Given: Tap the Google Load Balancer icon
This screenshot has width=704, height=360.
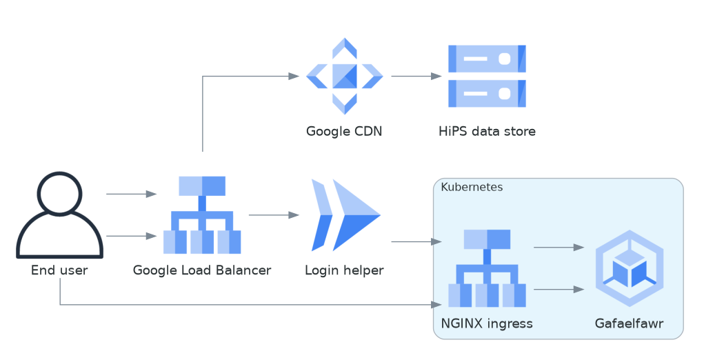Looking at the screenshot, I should pyautogui.click(x=202, y=215).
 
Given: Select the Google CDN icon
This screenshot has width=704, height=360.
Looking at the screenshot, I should pyautogui.click(x=344, y=76).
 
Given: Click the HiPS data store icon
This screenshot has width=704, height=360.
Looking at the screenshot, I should pyautogui.click(x=487, y=76).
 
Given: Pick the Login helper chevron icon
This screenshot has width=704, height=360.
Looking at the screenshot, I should pyautogui.click(x=344, y=215).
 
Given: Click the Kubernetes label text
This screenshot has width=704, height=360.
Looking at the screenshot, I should pyautogui.click(x=472, y=187).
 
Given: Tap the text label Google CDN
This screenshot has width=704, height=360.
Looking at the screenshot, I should pyautogui.click(x=344, y=131).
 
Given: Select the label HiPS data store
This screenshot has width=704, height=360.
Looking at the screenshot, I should pyautogui.click(x=487, y=131).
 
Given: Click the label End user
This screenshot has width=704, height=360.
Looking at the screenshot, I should pyautogui.click(x=59, y=270).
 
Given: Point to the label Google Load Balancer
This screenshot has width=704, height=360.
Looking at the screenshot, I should pyautogui.click(x=202, y=270).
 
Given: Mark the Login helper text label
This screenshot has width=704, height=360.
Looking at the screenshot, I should pyautogui.click(x=344, y=270).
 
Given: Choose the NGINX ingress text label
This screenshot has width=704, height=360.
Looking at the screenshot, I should pyautogui.click(x=487, y=323).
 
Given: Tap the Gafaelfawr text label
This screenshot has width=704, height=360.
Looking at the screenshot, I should pyautogui.click(x=629, y=323).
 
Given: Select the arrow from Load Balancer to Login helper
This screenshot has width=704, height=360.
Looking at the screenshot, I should pyautogui.click(x=274, y=215).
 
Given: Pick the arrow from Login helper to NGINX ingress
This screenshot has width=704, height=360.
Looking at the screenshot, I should pyautogui.click(x=416, y=242).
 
